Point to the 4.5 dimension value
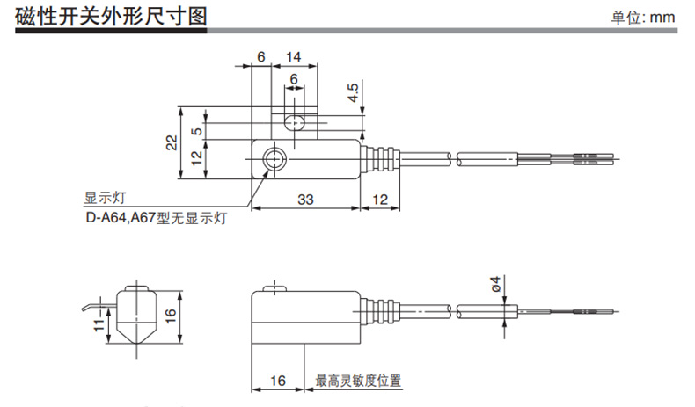pos(353,92)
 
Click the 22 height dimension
pos(171,142)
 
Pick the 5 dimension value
pos(197,129)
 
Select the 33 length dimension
pos(304,200)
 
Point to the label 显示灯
pos(100,198)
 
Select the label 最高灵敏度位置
pos(358,382)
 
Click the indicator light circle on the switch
pos(275,160)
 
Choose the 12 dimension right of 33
pos(380,200)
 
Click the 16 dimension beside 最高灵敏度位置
pos(278,382)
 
